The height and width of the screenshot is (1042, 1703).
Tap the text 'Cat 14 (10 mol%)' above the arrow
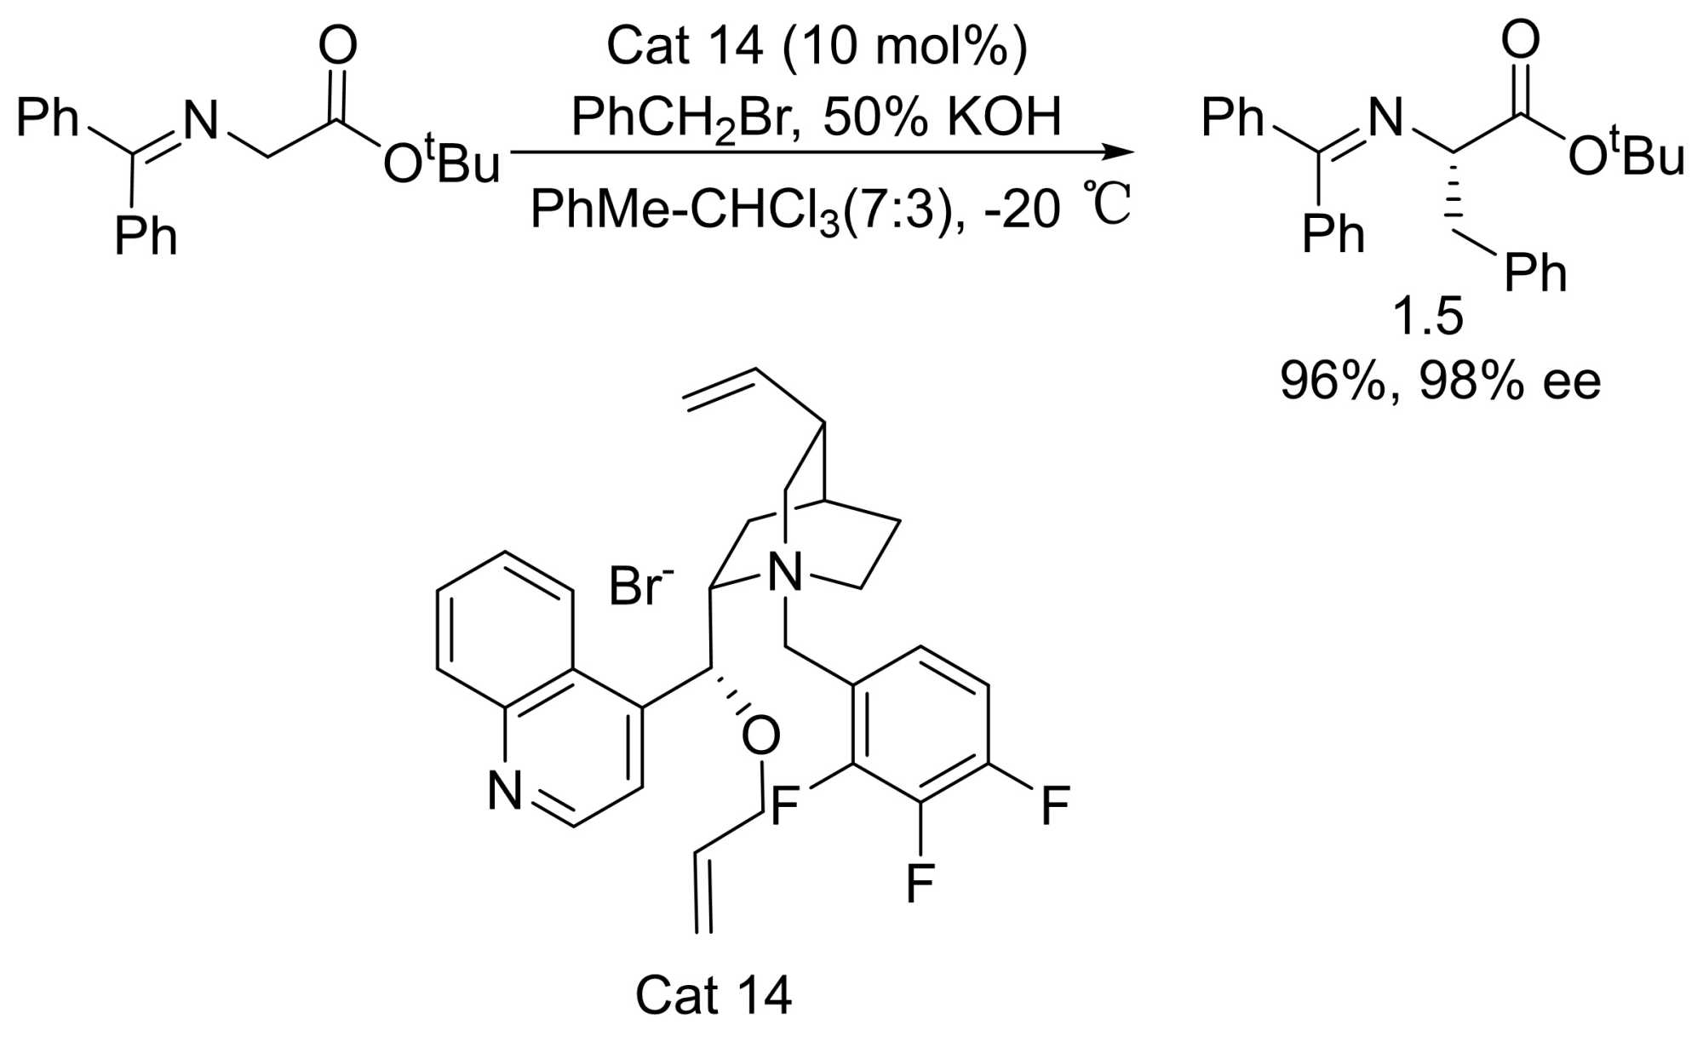(x=817, y=46)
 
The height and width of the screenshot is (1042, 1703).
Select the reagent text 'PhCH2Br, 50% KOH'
(x=817, y=117)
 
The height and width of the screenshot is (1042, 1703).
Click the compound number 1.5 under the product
(x=1428, y=317)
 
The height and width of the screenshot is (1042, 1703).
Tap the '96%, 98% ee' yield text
(x=1440, y=381)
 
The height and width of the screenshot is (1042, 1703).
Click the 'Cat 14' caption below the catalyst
(x=714, y=993)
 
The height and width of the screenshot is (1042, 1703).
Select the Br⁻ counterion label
(x=640, y=587)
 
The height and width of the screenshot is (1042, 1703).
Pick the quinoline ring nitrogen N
(x=505, y=791)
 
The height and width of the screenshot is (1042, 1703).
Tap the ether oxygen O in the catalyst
(x=760, y=736)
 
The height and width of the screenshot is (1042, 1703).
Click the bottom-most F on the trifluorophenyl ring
(x=920, y=883)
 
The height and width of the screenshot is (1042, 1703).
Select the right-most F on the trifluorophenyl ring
(x=1055, y=804)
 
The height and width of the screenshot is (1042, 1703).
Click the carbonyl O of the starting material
(x=338, y=46)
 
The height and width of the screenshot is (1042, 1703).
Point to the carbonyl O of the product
(x=1521, y=40)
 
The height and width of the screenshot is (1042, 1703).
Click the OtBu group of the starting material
(x=440, y=161)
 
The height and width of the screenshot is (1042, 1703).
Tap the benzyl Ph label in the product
(x=1535, y=272)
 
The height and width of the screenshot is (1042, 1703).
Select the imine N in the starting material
(x=202, y=121)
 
